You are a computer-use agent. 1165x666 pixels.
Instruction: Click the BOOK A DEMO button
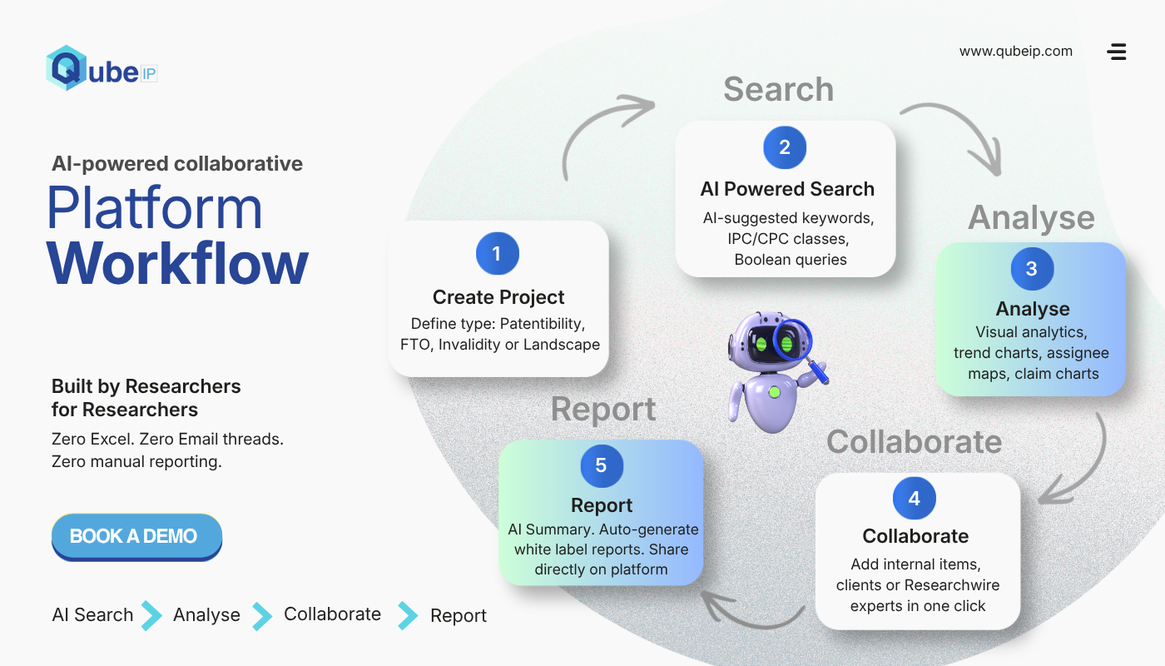coord(136,536)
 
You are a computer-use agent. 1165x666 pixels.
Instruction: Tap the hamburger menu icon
coord(1117,52)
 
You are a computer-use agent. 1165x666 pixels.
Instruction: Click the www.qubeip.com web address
coord(1016,51)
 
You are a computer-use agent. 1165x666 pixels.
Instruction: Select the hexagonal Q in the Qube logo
coord(66,67)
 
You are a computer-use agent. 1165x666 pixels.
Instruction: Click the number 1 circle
coord(498,253)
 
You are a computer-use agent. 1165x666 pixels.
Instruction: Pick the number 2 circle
coord(785,147)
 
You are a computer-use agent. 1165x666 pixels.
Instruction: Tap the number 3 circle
coord(1032,268)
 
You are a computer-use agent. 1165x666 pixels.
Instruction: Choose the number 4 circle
coord(915,498)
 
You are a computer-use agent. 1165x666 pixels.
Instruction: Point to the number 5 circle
coord(602,465)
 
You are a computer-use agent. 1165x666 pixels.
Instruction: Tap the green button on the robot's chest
coord(775,392)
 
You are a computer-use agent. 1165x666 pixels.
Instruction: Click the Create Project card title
coord(498,297)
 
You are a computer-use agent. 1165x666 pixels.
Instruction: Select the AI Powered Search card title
coord(787,189)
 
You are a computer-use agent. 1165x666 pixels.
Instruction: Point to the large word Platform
coord(155,208)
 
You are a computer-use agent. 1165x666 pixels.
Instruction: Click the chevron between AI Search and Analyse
coord(151,615)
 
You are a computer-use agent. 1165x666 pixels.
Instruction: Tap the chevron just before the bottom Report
coord(408,615)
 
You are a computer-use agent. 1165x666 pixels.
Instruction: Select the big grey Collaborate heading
coord(915,442)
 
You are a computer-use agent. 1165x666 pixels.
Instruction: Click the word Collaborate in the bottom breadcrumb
coord(332,614)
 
